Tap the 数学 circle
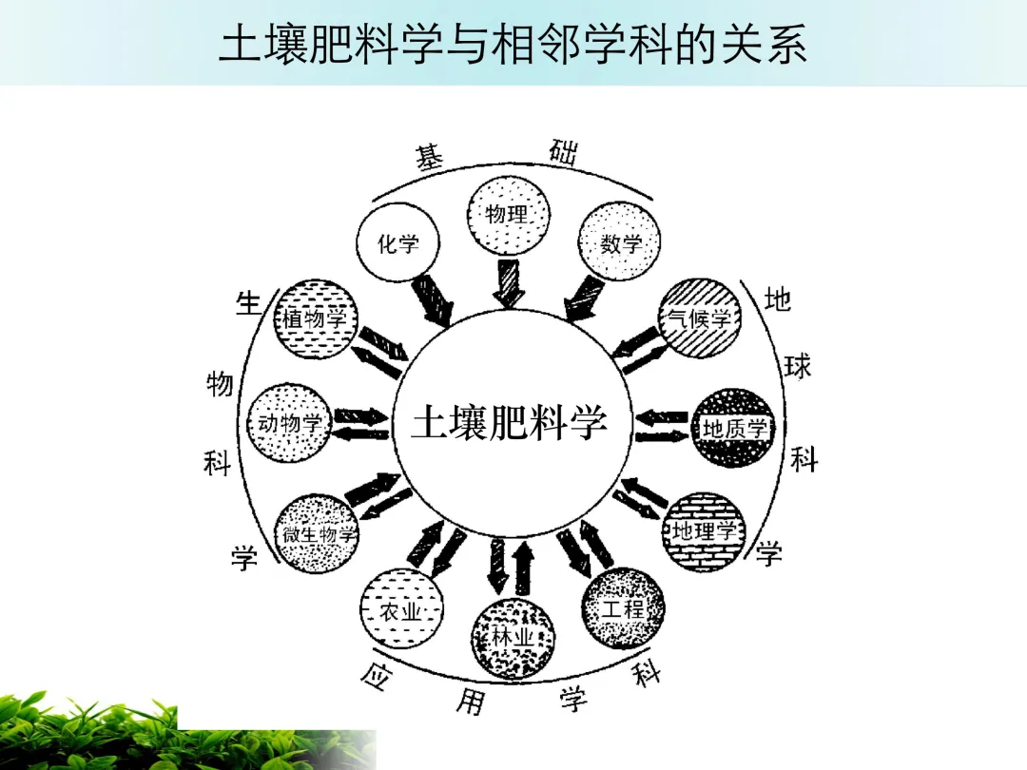click(619, 243)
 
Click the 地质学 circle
click(734, 428)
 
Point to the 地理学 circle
click(705, 531)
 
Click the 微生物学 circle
click(317, 533)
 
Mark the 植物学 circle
click(315, 318)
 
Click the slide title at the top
click(513, 44)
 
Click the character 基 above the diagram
click(430, 159)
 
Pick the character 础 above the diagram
click(563, 151)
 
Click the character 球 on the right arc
click(798, 366)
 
